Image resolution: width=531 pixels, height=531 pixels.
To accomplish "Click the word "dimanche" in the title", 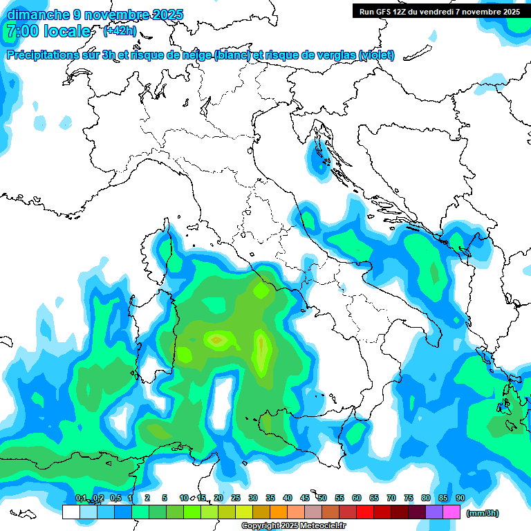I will tap(38, 15).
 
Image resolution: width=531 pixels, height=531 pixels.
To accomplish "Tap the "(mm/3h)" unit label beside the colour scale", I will tap(483, 513).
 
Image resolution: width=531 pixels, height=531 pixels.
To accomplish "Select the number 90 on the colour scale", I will tap(460, 498).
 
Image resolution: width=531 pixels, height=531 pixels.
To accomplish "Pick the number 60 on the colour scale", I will tap(357, 498).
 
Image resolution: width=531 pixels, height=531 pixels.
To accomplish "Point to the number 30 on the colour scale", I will tap(253, 498).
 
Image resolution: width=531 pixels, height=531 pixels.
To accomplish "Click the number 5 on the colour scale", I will tap(165, 498).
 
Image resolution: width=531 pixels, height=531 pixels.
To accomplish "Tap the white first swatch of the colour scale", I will tap(71, 512).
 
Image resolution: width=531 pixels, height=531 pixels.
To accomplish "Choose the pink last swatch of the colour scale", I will tap(452, 512).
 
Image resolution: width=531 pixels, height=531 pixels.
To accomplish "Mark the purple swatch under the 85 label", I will tap(435, 512).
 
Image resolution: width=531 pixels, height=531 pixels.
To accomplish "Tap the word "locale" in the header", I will tap(67, 32).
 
